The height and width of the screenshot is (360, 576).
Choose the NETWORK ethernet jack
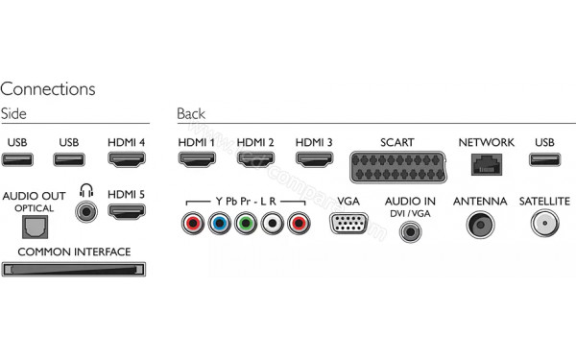point(486,162)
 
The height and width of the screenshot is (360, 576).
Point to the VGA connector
point(348,225)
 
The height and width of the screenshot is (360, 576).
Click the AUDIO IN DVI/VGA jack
point(411,230)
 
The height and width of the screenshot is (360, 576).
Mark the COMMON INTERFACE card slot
point(74,270)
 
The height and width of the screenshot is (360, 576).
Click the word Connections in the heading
point(48,88)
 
